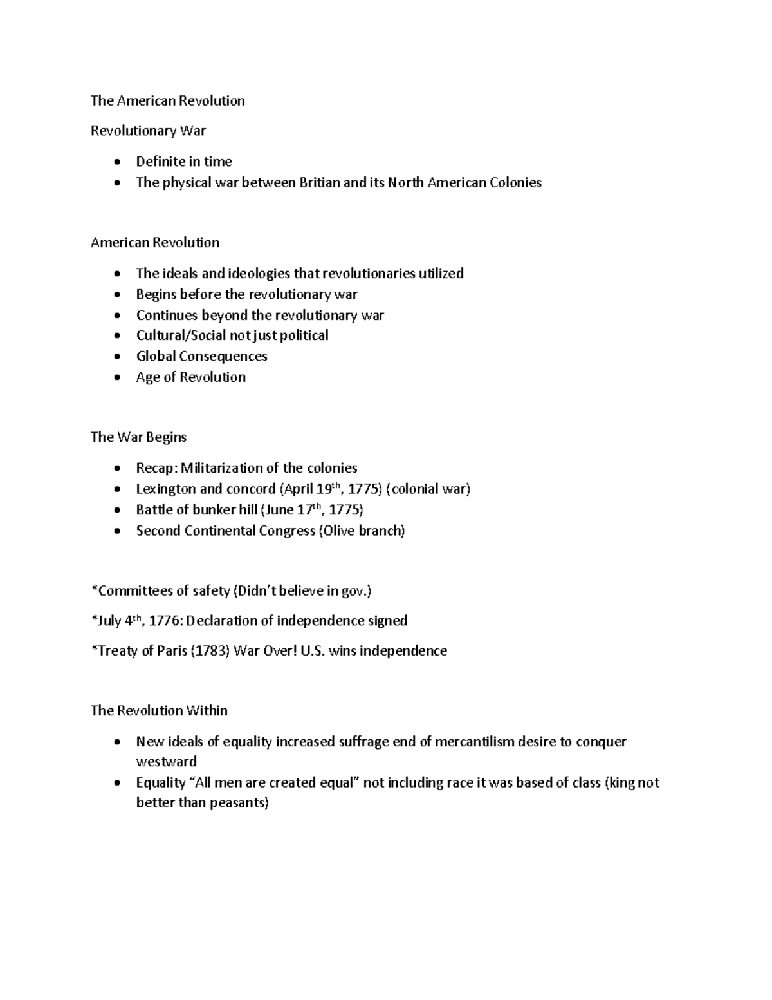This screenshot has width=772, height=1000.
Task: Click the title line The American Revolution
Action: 167,100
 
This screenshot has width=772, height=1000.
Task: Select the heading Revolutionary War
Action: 148,131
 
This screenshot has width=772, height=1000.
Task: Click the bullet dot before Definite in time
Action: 116,162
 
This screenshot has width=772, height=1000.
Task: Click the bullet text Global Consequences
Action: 201,356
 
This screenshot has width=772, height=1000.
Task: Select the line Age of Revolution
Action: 190,377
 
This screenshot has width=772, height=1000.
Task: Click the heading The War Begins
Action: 138,437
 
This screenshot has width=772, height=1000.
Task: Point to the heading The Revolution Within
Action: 159,710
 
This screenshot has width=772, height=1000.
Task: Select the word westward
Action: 166,762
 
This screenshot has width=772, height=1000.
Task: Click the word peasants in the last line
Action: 237,803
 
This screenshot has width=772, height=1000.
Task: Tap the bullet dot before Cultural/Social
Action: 116,335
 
